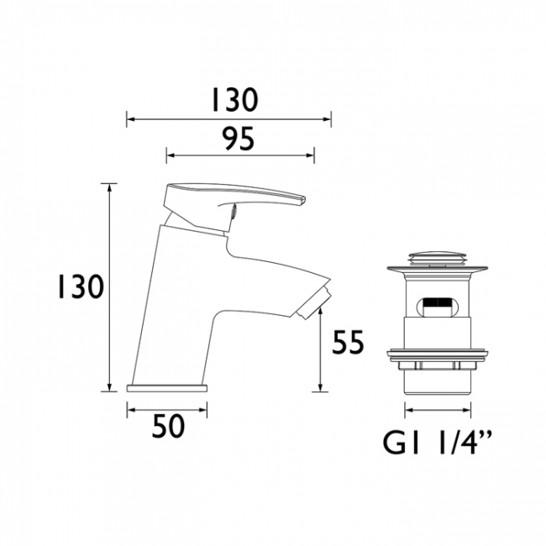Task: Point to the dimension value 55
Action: (x=348, y=344)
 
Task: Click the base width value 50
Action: (x=167, y=428)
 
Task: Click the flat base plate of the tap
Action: (x=166, y=388)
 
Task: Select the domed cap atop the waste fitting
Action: (x=438, y=255)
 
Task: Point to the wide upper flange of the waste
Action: (x=438, y=270)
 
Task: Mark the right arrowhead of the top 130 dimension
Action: (x=328, y=119)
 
